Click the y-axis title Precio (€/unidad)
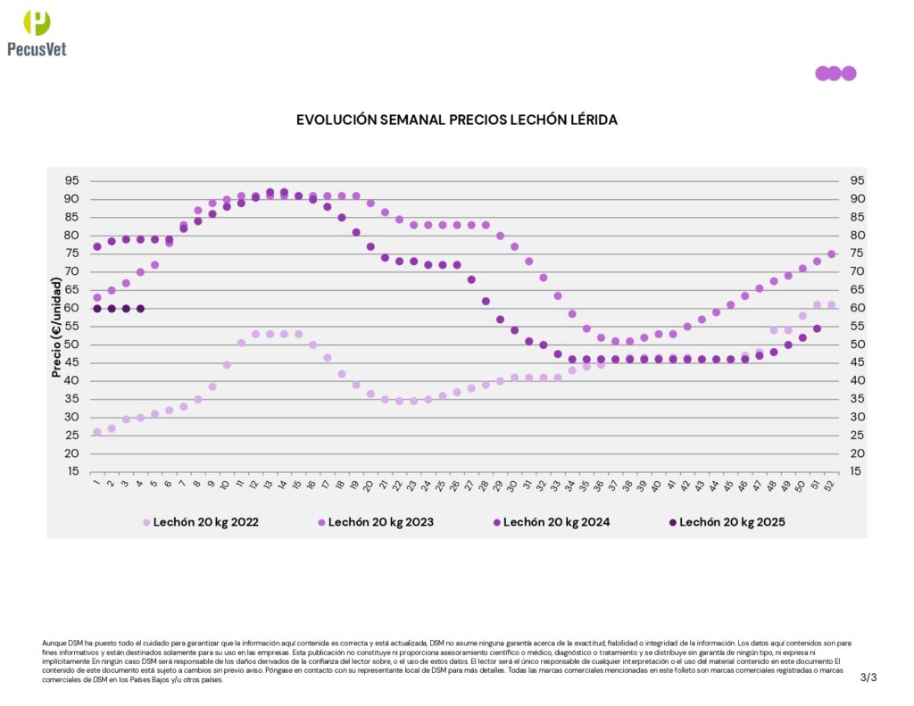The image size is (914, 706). pyautogui.click(x=57, y=327)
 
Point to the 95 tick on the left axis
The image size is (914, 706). pyautogui.click(x=71, y=180)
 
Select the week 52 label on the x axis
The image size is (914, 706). pyautogui.click(x=830, y=485)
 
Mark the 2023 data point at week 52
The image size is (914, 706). pyautogui.click(x=831, y=254)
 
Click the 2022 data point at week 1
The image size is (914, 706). pyautogui.click(x=97, y=432)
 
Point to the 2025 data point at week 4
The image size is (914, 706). pyautogui.click(x=140, y=308)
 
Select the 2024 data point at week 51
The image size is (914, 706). pyautogui.click(x=817, y=328)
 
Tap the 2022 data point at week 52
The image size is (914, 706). pyautogui.click(x=831, y=304)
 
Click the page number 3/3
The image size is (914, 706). pyautogui.click(x=868, y=677)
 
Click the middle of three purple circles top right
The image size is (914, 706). pyautogui.click(x=834, y=73)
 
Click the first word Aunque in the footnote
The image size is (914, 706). pyautogui.click(x=53, y=643)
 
